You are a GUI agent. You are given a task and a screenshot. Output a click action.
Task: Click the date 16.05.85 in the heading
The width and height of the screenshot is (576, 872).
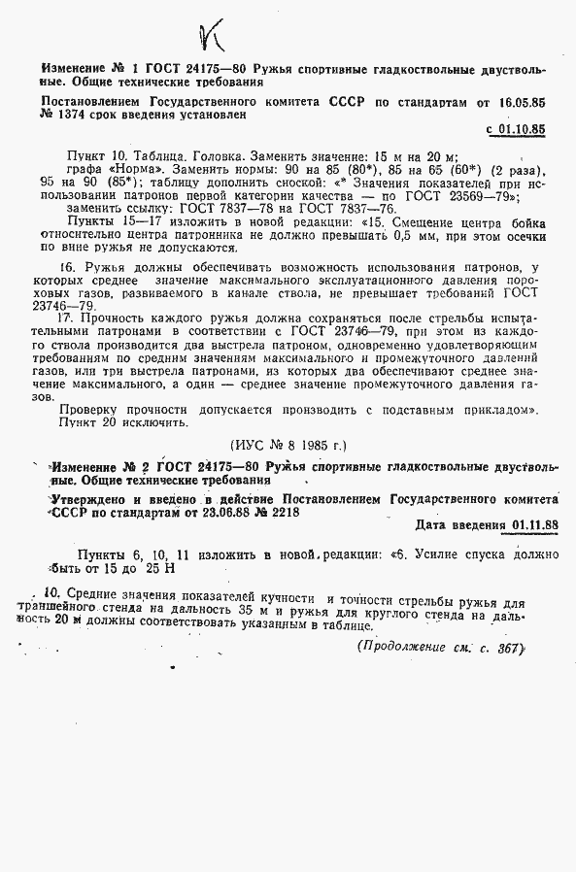click(x=518, y=100)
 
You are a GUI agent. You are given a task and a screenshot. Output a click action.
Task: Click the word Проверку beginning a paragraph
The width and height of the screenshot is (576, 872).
click(x=92, y=409)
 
